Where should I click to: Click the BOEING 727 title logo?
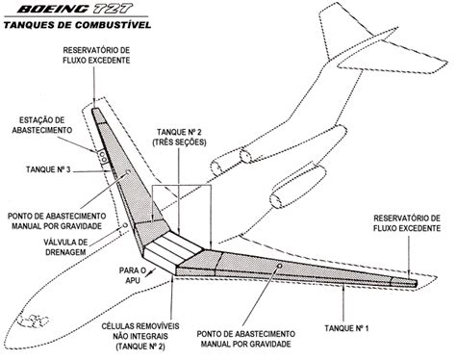[75, 9]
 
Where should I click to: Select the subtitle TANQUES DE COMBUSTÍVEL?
[77, 25]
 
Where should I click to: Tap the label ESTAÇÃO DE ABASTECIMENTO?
[42, 125]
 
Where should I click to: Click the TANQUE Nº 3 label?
[48, 169]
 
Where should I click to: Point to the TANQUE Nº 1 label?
[346, 328]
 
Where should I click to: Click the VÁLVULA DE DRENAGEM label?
[65, 246]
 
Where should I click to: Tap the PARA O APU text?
[132, 275]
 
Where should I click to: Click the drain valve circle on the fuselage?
[125, 225]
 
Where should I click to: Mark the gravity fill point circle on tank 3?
[128, 172]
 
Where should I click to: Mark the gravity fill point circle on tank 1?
[279, 266]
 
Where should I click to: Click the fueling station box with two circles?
[103, 157]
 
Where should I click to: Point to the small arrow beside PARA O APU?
[152, 272]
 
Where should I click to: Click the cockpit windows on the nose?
[34, 321]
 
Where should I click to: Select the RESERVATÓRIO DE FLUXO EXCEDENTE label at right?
[407, 223]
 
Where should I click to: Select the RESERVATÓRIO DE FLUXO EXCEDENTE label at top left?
[96, 55]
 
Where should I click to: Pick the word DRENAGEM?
[65, 252]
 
